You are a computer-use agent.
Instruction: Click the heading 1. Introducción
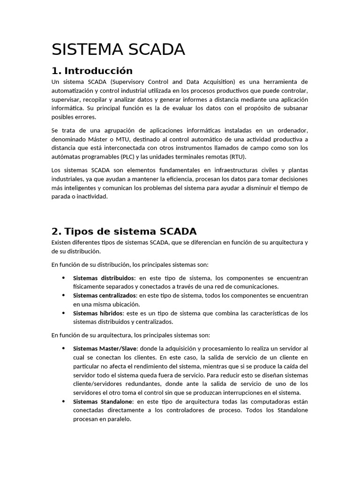pyautogui.click(x=92, y=71)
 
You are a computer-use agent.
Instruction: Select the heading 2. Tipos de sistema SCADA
pyautogui.click(x=124, y=231)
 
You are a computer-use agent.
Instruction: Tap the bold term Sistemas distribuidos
pyautogui.click(x=104, y=278)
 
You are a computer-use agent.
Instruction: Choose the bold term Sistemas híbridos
pyautogui.click(x=98, y=313)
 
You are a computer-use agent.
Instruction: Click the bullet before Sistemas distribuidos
pyautogui.click(x=63, y=278)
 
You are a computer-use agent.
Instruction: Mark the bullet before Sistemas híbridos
pyautogui.click(x=63, y=313)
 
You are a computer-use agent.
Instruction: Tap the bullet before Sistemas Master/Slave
pyautogui.click(x=63, y=349)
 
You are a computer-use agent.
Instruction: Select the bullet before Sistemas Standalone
pyautogui.click(x=63, y=402)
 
